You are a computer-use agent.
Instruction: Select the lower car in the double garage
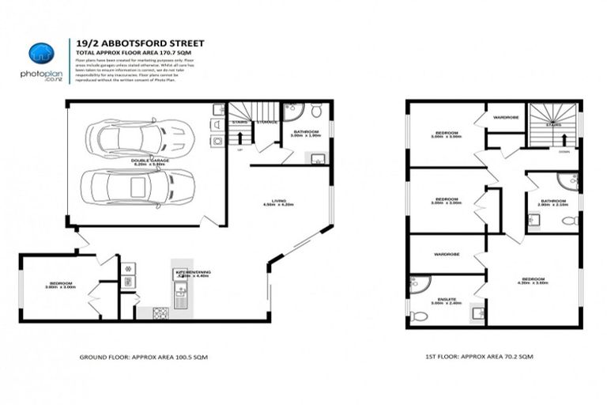(x=135, y=187)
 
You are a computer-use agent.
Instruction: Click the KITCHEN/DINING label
(x=189, y=274)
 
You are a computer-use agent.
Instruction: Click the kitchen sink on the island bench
(x=181, y=297)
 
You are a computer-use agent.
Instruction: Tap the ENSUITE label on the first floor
(x=439, y=301)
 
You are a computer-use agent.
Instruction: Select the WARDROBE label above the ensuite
(x=447, y=255)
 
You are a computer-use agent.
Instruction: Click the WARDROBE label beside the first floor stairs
(x=505, y=117)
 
